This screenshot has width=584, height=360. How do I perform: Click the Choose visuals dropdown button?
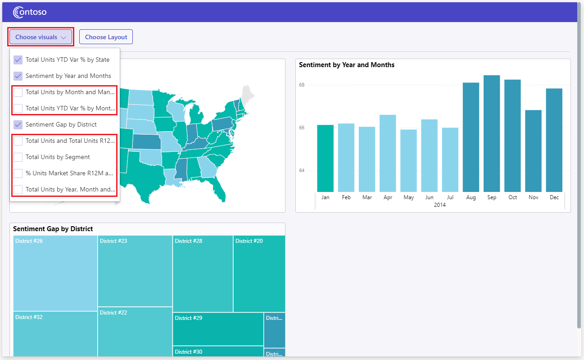click(41, 37)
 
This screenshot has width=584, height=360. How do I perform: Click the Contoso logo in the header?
click(30, 12)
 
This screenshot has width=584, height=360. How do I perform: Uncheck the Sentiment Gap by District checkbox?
click(18, 124)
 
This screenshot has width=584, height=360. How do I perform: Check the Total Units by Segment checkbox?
click(18, 157)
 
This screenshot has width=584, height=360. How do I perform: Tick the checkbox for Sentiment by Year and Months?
click(18, 76)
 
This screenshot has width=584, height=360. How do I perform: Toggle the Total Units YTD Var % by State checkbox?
click(18, 59)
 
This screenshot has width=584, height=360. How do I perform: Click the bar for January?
click(326, 158)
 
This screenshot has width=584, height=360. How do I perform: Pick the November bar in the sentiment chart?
click(533, 151)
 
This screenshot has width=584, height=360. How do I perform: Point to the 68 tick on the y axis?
click(302, 85)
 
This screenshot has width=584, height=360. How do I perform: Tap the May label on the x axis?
click(408, 197)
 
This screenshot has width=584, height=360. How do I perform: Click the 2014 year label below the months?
click(439, 205)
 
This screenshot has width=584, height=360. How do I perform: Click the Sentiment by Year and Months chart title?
click(347, 65)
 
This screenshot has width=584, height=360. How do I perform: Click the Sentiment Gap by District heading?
click(53, 229)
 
